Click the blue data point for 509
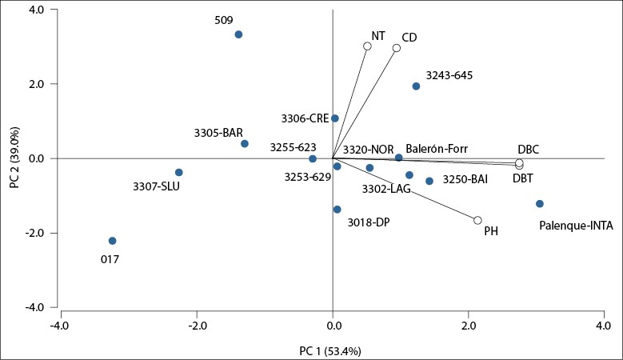click(238, 34)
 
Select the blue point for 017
click(113, 241)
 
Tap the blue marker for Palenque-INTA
click(540, 204)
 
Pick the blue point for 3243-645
click(416, 86)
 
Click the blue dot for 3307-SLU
click(179, 172)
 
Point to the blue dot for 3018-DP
click(337, 210)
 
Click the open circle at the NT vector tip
click(367, 46)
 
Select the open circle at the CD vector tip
click(396, 48)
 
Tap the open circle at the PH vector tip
click(477, 220)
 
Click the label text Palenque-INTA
click(574, 226)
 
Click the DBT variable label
click(523, 178)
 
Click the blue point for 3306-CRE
click(335, 118)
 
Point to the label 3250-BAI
click(465, 181)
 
